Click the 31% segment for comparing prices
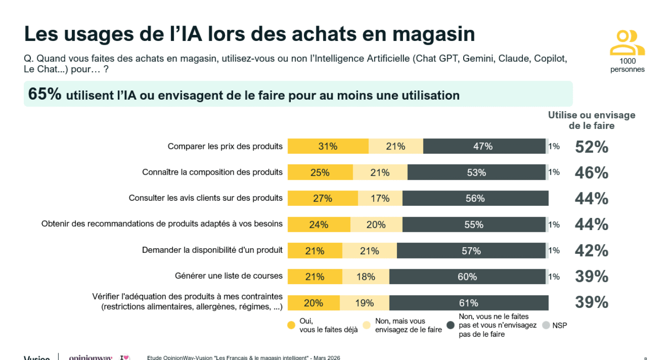(x=328, y=146)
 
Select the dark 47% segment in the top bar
(x=483, y=146)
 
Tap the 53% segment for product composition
(x=476, y=172)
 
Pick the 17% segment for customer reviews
(x=380, y=198)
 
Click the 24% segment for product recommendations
(x=319, y=224)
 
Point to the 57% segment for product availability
(x=471, y=251)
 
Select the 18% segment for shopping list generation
(x=366, y=277)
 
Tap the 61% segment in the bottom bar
(x=468, y=303)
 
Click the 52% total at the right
(x=591, y=147)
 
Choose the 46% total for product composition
(x=591, y=173)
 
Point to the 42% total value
(x=591, y=251)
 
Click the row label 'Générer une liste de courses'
(x=228, y=276)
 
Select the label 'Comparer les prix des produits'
(x=225, y=146)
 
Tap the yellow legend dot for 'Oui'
(x=292, y=325)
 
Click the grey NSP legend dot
(x=546, y=325)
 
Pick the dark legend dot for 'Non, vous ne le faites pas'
(x=451, y=325)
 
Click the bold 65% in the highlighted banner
(x=45, y=94)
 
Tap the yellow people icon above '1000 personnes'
(x=627, y=43)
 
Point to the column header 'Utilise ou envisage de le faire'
(x=591, y=120)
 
